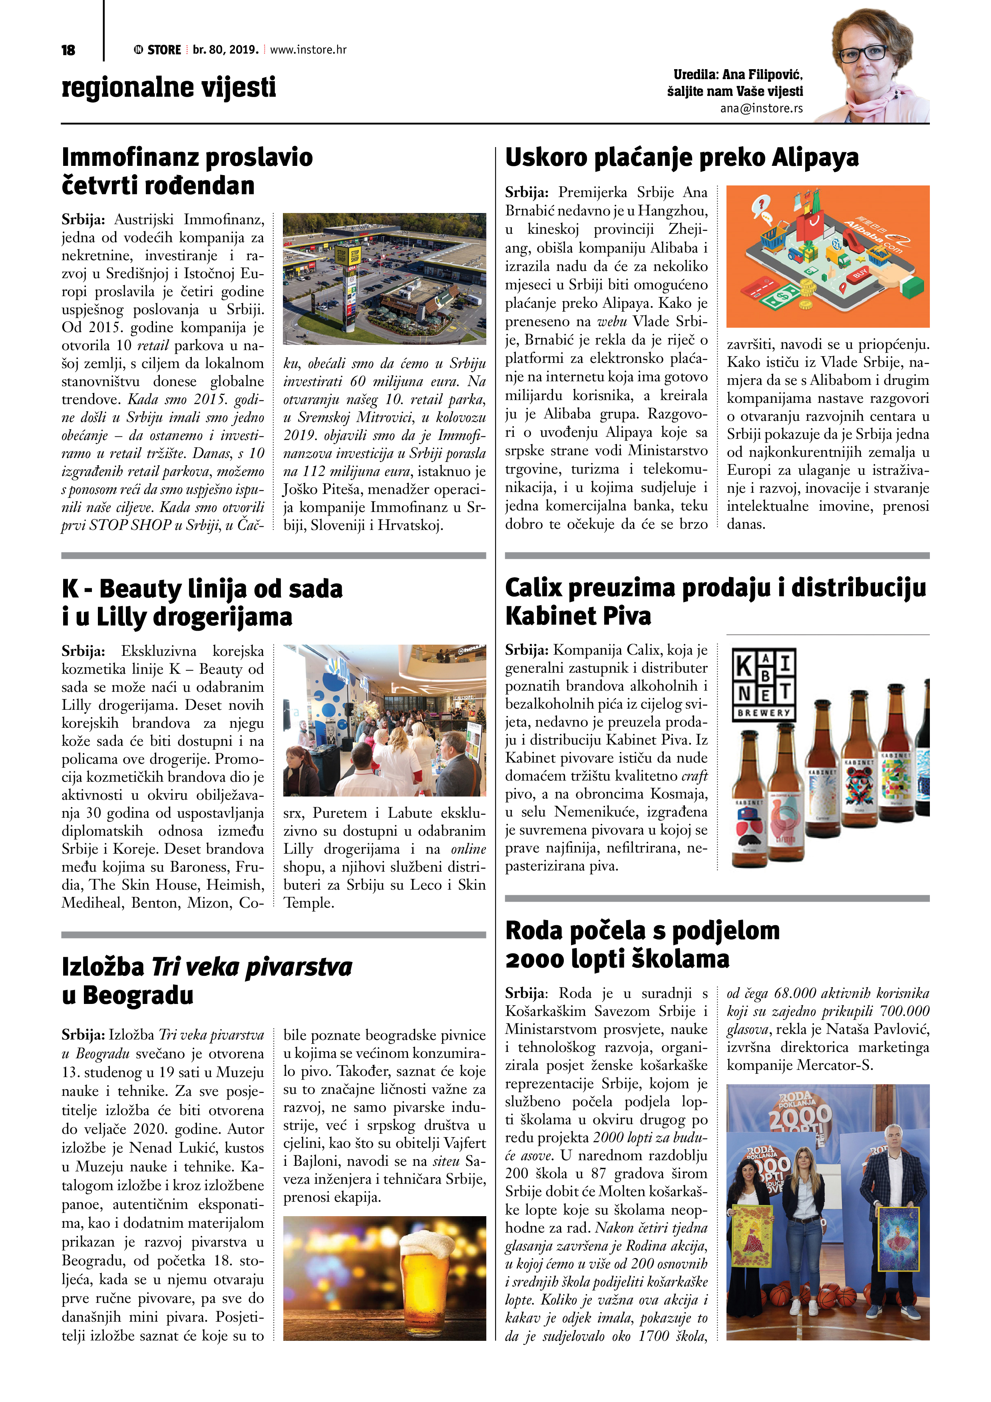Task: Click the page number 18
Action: [x=68, y=50]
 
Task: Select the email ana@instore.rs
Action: [x=761, y=108]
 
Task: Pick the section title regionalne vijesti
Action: [x=169, y=87]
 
